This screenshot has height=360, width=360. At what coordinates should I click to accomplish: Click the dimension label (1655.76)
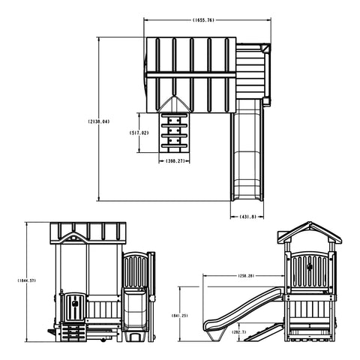[203, 20]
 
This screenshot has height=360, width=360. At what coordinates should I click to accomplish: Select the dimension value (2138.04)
[98, 121]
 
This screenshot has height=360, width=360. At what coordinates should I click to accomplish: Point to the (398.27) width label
[176, 160]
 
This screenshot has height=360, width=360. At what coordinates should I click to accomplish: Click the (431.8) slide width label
[248, 217]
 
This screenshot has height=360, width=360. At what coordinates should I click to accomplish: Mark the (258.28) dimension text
[247, 276]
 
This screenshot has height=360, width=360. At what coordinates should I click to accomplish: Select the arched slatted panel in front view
[135, 270]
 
